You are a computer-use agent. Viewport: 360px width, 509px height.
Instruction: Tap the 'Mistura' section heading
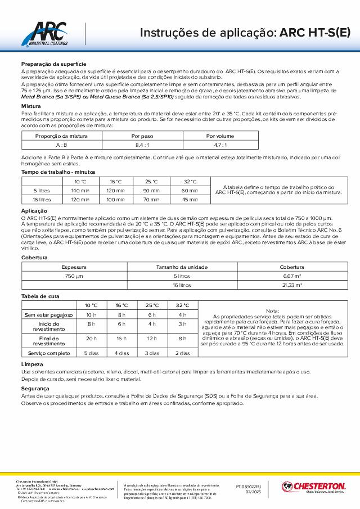click(31, 106)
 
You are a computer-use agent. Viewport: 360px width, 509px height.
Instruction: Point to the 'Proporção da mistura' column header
click(61, 136)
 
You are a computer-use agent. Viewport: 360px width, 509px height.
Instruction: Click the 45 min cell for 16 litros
click(190, 199)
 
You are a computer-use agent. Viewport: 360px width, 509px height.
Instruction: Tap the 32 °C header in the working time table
click(190, 182)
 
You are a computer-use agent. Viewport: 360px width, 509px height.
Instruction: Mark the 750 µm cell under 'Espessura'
click(74, 276)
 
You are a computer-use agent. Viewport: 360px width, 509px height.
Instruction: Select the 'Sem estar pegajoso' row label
click(48, 314)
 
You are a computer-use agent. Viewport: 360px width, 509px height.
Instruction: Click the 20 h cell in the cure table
click(91, 339)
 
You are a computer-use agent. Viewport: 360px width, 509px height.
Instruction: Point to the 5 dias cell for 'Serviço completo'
click(91, 353)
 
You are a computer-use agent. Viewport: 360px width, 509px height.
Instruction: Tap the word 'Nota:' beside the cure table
click(272, 310)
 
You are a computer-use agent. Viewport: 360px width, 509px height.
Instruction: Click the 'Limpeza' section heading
click(31, 364)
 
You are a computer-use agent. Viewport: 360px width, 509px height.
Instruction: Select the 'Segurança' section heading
click(35, 389)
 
